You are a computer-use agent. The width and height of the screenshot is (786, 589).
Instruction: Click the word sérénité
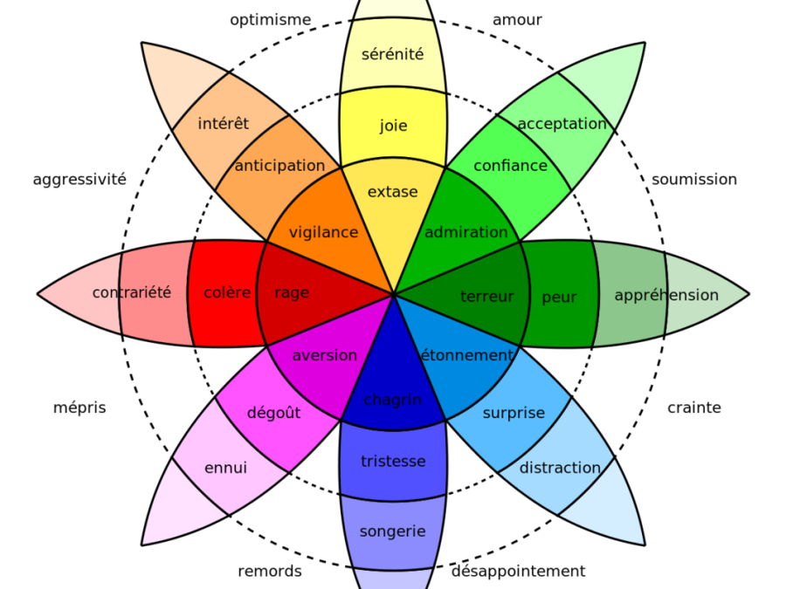click(392, 54)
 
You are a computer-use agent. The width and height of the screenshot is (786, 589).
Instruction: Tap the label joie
click(393, 126)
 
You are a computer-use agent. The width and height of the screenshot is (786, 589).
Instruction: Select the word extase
click(392, 192)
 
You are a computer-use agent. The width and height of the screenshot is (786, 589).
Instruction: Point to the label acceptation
click(562, 124)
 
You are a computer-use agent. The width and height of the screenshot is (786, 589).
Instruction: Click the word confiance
click(510, 166)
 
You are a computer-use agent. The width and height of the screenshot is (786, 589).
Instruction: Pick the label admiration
click(465, 232)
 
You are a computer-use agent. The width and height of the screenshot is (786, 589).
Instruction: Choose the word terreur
click(486, 297)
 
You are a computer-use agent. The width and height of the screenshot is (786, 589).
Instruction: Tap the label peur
click(559, 298)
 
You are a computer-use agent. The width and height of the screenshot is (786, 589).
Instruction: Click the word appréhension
click(666, 296)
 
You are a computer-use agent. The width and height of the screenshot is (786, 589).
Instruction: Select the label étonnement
click(466, 355)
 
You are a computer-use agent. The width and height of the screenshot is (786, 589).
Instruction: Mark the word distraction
click(560, 468)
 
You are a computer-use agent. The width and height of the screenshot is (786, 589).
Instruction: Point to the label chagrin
click(392, 401)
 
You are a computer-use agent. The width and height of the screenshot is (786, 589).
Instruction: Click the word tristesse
click(393, 462)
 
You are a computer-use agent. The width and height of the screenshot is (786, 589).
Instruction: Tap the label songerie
click(392, 531)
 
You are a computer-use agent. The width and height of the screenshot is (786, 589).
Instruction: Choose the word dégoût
click(273, 413)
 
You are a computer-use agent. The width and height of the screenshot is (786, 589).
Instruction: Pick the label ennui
click(225, 468)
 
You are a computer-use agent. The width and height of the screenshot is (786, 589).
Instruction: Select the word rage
click(292, 293)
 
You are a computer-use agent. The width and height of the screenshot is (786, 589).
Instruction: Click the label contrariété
click(132, 293)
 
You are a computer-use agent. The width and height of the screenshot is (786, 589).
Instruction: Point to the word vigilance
click(323, 232)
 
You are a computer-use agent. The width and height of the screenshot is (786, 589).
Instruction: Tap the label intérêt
click(223, 124)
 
